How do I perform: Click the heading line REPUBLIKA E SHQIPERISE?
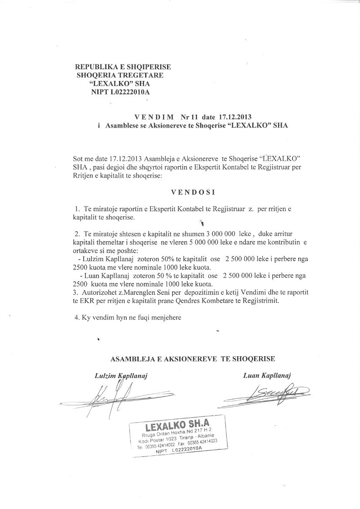click(x=123, y=67)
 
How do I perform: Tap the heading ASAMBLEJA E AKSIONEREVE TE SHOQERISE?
click(x=193, y=359)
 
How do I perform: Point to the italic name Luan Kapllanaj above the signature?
click(x=267, y=375)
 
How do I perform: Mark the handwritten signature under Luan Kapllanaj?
click(x=266, y=394)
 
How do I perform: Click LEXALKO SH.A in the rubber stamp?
click(x=177, y=425)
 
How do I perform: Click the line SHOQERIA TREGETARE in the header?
click(x=120, y=75)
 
